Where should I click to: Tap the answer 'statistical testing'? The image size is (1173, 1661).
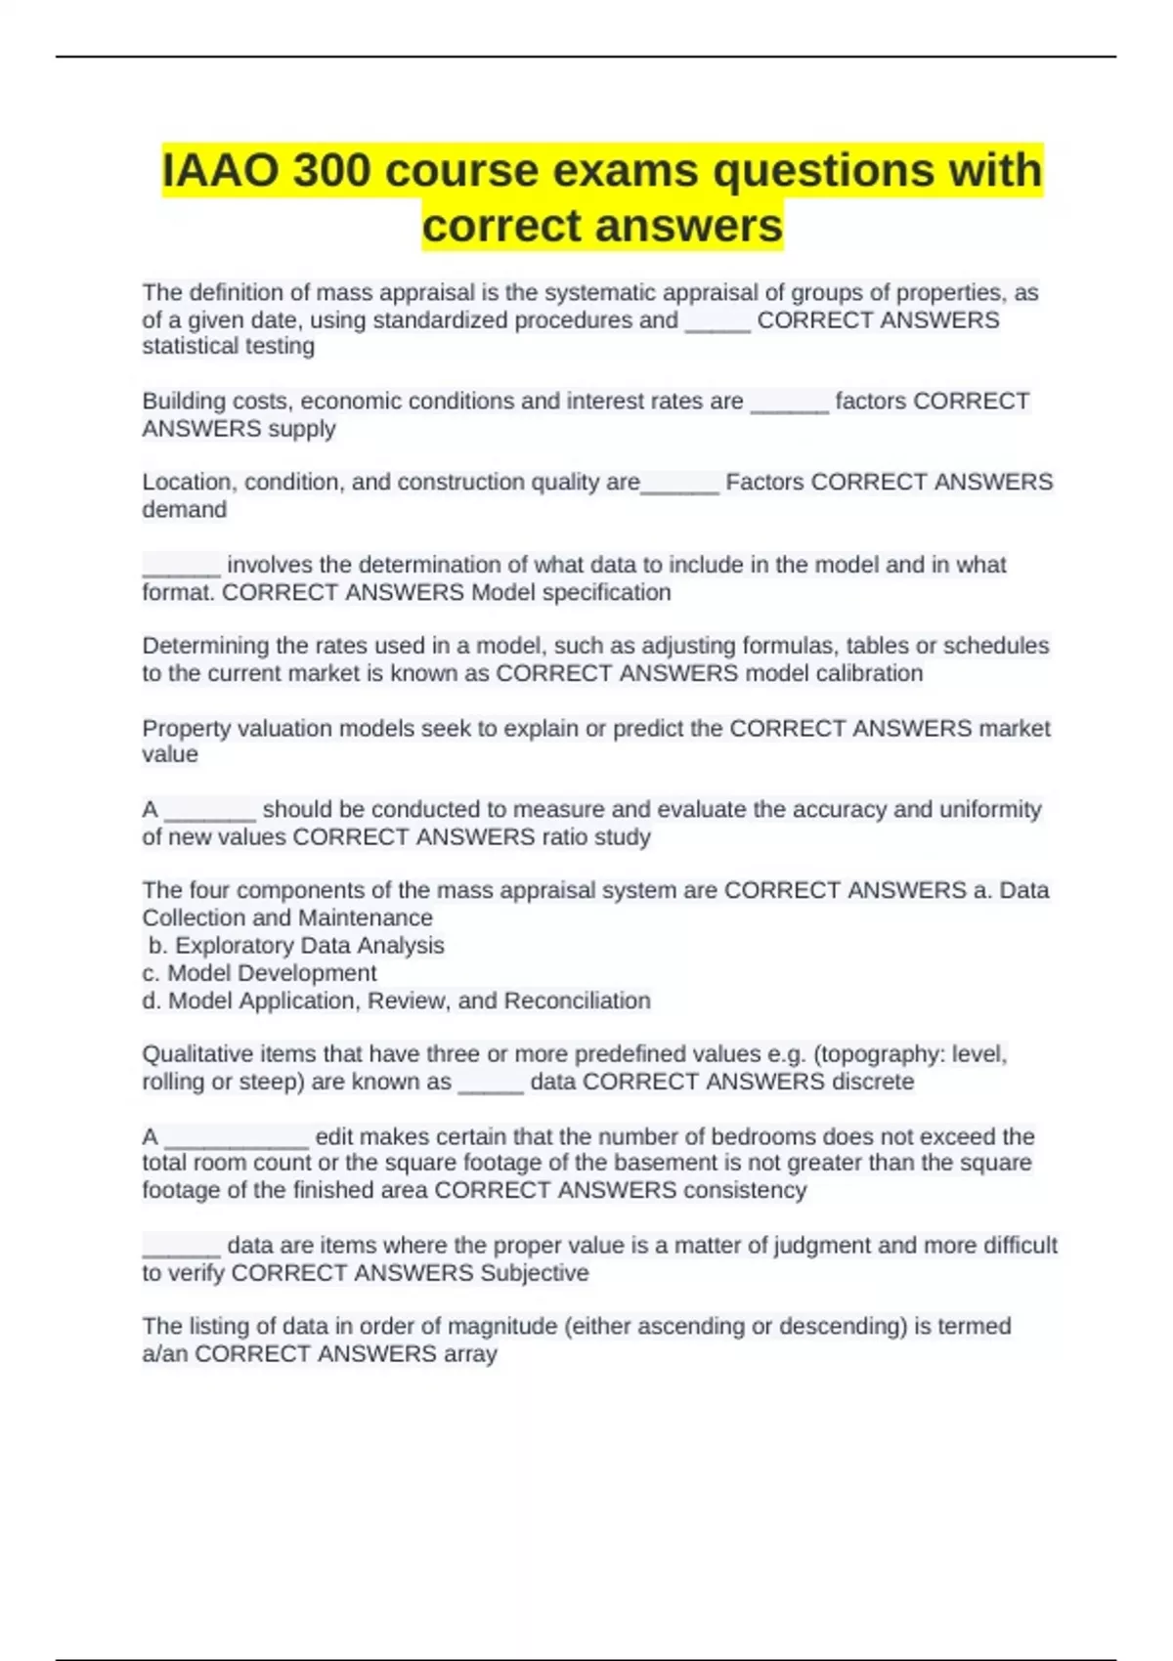pos(228,346)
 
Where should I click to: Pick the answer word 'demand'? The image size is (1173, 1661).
pos(184,510)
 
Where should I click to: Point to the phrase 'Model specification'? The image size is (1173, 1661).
pos(571,592)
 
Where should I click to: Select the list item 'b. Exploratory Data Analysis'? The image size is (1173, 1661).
pos(296,946)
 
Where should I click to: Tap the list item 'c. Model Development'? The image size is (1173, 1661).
pos(259,973)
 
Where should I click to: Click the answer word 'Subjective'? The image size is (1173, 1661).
pos(534,1273)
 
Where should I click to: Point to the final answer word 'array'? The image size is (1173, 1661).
pos(470,1354)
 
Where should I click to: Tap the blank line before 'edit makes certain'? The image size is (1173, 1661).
pos(237,1141)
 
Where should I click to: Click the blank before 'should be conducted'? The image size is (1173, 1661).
pos(210,814)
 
